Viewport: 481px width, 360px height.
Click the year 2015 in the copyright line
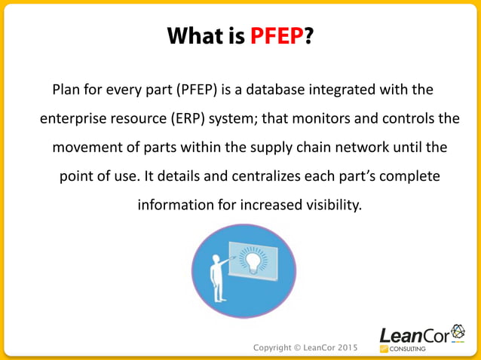point(344,347)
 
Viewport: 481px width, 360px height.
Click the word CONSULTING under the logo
point(408,349)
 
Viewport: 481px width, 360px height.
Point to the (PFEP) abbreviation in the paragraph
point(198,91)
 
